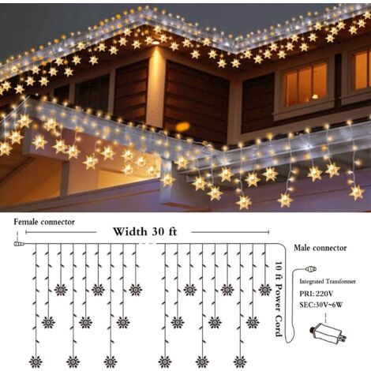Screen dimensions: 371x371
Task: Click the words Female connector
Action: [44, 222]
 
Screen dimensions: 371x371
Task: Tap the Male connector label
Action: [320, 248]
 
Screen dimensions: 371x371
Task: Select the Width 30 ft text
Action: [145, 231]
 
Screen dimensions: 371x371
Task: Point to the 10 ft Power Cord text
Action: [279, 298]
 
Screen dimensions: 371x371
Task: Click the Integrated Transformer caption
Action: [328, 282]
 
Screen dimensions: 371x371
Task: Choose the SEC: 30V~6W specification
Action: [321, 305]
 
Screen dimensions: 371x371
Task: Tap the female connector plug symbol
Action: [19, 244]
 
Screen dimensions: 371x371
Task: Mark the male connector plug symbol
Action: [311, 269]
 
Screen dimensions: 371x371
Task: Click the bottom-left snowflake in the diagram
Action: [36, 362]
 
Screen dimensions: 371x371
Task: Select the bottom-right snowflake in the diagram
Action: [240, 362]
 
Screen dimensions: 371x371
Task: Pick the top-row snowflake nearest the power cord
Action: [265, 290]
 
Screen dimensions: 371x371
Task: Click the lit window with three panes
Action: [306, 84]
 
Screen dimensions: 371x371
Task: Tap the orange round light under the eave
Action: [182, 126]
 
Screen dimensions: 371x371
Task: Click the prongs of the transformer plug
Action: [343, 336]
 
